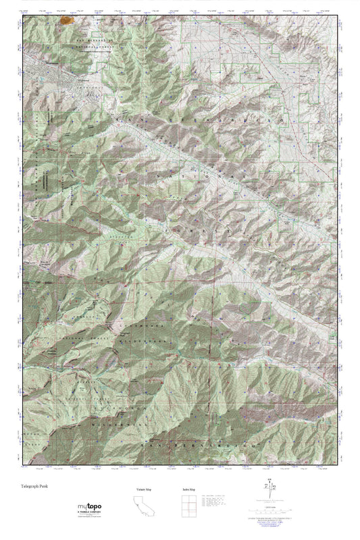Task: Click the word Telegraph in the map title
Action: tap(31, 485)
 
